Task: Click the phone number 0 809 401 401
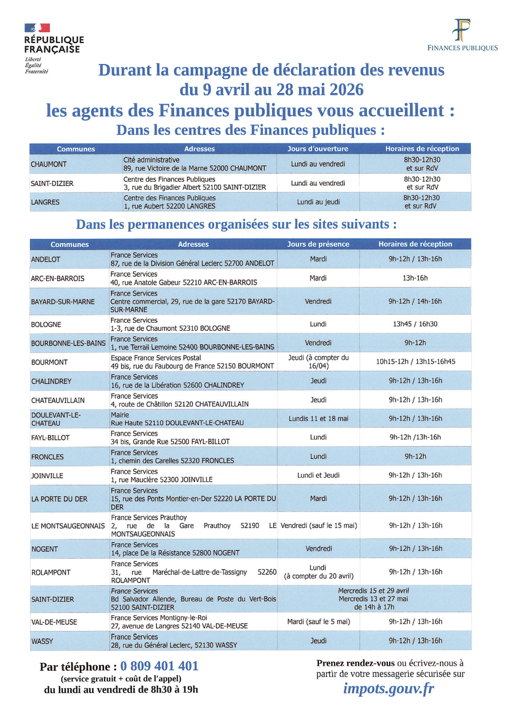[x=159, y=666]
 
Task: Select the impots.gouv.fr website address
[x=389, y=688]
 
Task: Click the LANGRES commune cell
[x=45, y=202]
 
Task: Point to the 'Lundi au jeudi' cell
[x=318, y=202]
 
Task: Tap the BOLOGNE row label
[x=46, y=324]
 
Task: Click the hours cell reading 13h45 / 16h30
[x=415, y=324]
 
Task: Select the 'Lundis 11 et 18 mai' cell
[x=318, y=419]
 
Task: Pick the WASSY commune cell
[x=42, y=641]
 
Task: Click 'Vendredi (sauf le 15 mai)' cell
[x=319, y=525]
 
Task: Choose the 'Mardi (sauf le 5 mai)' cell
[x=318, y=622]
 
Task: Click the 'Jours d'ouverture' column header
[x=318, y=149]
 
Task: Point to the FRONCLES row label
[x=48, y=457]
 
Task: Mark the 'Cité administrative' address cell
[x=195, y=164]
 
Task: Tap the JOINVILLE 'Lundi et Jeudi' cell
[x=318, y=475]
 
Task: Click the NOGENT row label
[x=45, y=549]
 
